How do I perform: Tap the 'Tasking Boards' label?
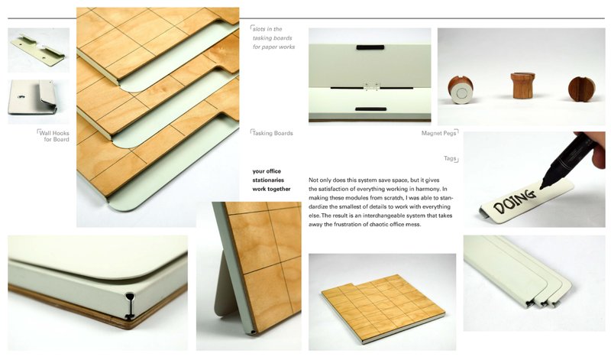point(273,132)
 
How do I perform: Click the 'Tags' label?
point(451,158)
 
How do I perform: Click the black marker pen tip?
point(543,185)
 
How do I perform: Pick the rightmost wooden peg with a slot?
point(581,89)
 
